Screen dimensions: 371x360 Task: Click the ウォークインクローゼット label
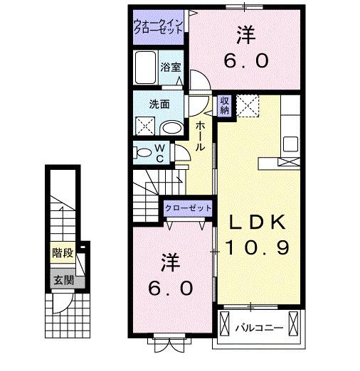point(159,29)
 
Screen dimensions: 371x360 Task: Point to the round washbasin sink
point(171,128)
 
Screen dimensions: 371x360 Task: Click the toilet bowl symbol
point(144,151)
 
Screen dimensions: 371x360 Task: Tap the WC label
point(160,154)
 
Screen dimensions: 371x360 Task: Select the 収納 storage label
point(224,105)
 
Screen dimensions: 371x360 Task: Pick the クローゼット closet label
point(189,208)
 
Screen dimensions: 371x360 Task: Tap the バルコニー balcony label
point(260,328)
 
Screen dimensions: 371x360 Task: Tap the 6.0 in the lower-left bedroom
point(170,288)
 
